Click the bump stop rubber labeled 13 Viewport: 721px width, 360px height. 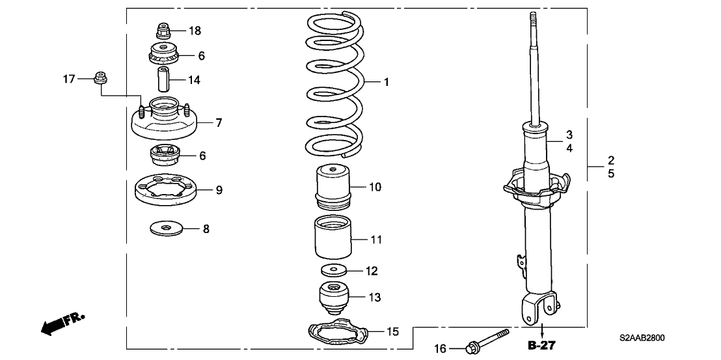tap(335, 298)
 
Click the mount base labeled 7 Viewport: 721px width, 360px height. tap(164, 122)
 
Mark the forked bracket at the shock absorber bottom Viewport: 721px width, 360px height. tap(539, 305)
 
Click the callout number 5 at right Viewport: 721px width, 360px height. tap(611, 174)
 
